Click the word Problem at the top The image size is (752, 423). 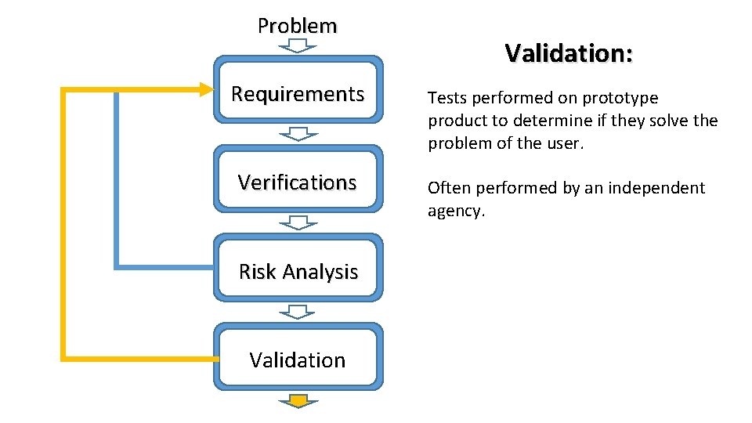298,26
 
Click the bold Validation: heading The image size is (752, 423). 569,53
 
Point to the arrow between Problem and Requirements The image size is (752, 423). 298,45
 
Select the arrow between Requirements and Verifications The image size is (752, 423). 298,133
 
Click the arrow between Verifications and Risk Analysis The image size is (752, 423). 298,222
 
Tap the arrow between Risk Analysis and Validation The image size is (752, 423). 298,312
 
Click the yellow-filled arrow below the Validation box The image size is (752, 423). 298,401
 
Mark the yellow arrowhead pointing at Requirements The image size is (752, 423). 205,89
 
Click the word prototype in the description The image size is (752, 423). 619,99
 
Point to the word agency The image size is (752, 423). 456,211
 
